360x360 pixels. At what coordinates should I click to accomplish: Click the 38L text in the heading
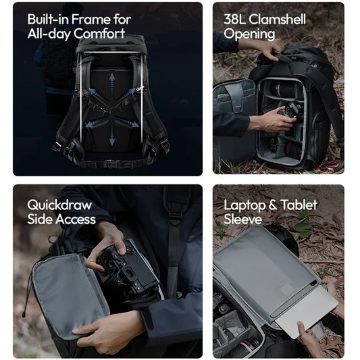tap(234, 19)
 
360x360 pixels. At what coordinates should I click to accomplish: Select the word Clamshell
tap(277, 19)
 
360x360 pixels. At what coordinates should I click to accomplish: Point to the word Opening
tap(249, 34)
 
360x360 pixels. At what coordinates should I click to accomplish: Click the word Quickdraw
tap(59, 205)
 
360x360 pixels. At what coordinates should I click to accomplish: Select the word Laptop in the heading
tap(245, 205)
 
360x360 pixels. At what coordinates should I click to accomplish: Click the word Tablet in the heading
tap(299, 205)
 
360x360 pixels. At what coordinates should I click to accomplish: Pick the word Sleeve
tap(242, 219)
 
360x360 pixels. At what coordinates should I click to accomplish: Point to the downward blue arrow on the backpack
tap(112, 136)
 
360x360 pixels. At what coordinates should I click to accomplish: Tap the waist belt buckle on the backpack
tap(112, 163)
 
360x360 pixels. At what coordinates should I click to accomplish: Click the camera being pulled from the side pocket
tap(128, 269)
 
